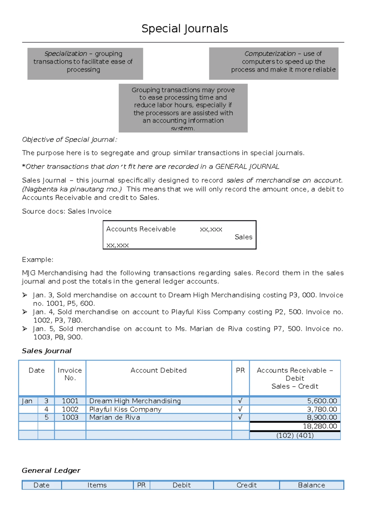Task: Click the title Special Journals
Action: coord(185,29)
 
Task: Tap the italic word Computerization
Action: coord(270,54)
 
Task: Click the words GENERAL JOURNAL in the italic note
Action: coord(247,167)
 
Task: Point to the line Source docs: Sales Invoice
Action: coord(66,211)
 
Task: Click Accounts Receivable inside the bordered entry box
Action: coord(141,229)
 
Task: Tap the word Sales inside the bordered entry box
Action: coord(243,237)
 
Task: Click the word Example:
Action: coord(38,260)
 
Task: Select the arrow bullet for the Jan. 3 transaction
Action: coord(25,295)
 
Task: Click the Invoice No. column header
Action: coord(70,374)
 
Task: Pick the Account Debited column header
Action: coord(158,370)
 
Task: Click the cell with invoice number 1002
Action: coord(70,409)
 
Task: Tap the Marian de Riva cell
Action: coord(115,417)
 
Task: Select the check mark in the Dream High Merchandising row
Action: coord(240,401)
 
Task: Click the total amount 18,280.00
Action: coord(320,426)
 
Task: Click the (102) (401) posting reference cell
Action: coord(295,435)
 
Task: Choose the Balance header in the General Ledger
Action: coord(311,485)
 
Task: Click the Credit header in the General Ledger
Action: coord(246,485)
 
